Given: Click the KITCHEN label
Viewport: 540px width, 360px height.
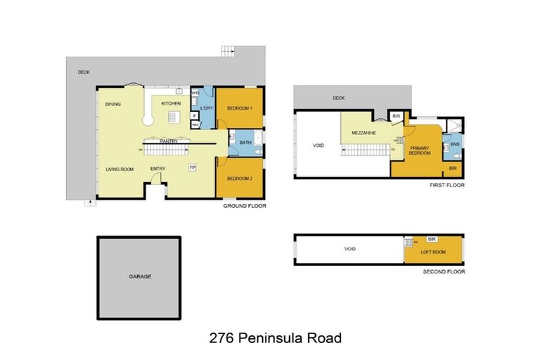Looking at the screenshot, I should (171, 104).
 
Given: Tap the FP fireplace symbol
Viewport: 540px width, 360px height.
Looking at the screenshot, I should (192, 167).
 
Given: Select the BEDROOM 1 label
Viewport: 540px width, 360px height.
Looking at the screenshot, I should (240, 108).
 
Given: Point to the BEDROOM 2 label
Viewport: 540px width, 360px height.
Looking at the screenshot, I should (240, 178).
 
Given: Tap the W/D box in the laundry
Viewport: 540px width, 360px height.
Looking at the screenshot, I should (195, 93).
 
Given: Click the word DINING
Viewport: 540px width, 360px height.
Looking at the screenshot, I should (113, 104).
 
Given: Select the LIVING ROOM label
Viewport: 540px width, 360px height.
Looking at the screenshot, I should (120, 169).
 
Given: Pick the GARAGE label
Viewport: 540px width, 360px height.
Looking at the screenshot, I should (140, 276).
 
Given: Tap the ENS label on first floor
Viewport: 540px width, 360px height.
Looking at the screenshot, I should (455, 145).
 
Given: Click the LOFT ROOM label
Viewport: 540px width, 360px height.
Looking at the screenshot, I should (434, 252).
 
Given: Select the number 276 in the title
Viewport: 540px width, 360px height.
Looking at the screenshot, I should (224, 337).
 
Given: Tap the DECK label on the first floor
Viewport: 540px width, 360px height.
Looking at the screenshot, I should (339, 98).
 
